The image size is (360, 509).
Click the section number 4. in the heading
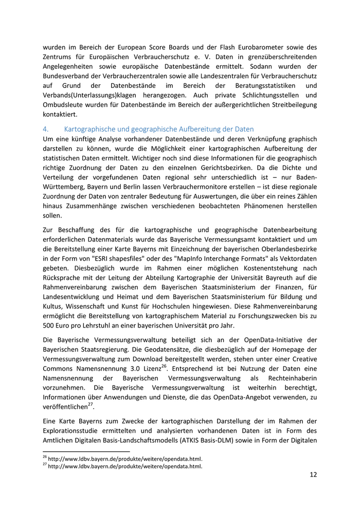click(45, 129)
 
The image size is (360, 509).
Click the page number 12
click(313, 475)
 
